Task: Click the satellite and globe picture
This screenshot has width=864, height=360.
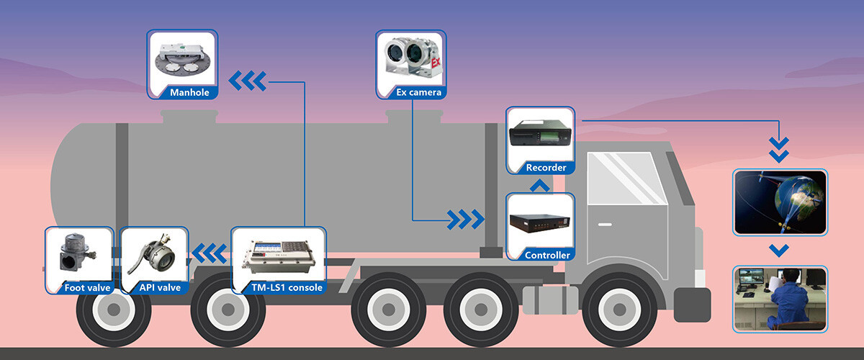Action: pos(780,202)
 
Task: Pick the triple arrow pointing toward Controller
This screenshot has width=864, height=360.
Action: pos(465,219)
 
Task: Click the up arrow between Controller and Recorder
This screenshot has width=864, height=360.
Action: pos(540,186)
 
